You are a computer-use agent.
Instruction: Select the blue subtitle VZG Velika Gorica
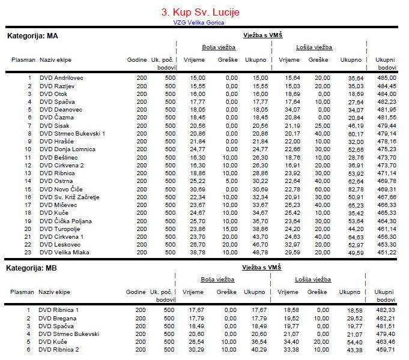tap(198, 23)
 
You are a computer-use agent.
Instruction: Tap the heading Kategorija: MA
tap(32, 36)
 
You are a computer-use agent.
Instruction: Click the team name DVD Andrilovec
tap(61, 78)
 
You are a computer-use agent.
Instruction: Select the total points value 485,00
tap(386, 78)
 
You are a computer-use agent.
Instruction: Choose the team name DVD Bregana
tap(58, 317)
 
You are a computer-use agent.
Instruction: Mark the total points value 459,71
tap(385, 349)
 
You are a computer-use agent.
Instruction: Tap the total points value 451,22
tap(386, 253)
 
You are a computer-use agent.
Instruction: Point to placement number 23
tap(27, 253)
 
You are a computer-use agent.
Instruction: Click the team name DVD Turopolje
tap(60, 229)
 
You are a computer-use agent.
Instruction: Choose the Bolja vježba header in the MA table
tap(218, 47)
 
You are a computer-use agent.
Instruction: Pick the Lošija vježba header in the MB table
tap(313, 280)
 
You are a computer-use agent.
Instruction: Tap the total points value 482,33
tap(385, 310)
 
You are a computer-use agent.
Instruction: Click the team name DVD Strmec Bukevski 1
tap(72, 133)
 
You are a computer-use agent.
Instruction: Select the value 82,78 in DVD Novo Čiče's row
tap(352, 189)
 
